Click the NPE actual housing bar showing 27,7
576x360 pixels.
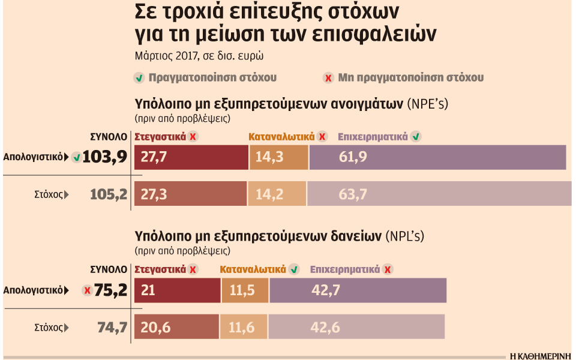[x=191, y=157]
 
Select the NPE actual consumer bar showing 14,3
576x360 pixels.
[x=278, y=157]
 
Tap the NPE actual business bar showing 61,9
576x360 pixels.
[x=437, y=157]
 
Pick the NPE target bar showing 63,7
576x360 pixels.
[x=439, y=194]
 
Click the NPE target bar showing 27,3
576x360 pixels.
[x=190, y=194]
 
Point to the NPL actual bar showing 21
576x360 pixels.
[x=178, y=290]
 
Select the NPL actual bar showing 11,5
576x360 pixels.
[x=245, y=290]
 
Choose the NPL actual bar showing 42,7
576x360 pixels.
[x=358, y=290]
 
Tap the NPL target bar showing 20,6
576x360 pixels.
[x=177, y=327]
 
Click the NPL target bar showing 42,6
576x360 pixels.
[x=356, y=327]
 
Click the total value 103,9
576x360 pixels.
[x=105, y=157]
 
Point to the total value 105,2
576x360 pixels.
[x=109, y=194]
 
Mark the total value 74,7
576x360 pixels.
[x=112, y=327]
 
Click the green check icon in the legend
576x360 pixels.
[x=139, y=77]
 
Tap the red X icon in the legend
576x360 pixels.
[x=328, y=77]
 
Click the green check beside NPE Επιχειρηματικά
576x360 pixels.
[x=416, y=137]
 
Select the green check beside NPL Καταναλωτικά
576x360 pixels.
[x=294, y=269]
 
